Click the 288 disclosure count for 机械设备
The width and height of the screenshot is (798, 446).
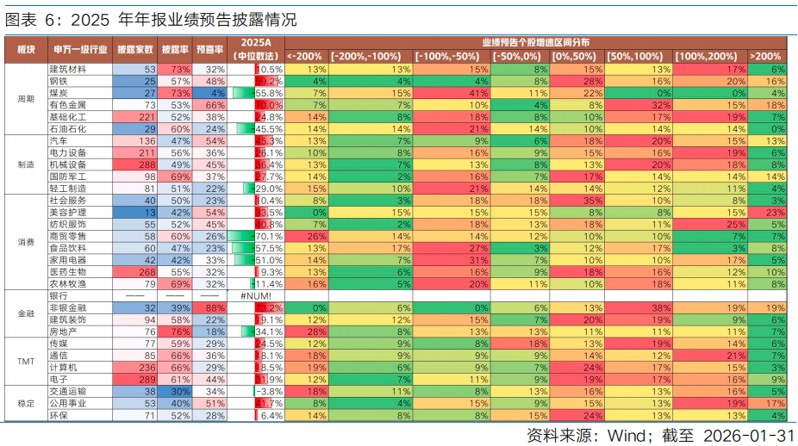click(x=142, y=164)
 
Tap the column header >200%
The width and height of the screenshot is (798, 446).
click(x=765, y=55)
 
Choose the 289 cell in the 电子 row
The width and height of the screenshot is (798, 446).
click(x=142, y=379)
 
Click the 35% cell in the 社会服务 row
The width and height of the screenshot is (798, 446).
click(x=592, y=200)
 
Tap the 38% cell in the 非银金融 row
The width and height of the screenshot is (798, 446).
click(x=660, y=307)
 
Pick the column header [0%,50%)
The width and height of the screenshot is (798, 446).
click(x=576, y=55)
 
